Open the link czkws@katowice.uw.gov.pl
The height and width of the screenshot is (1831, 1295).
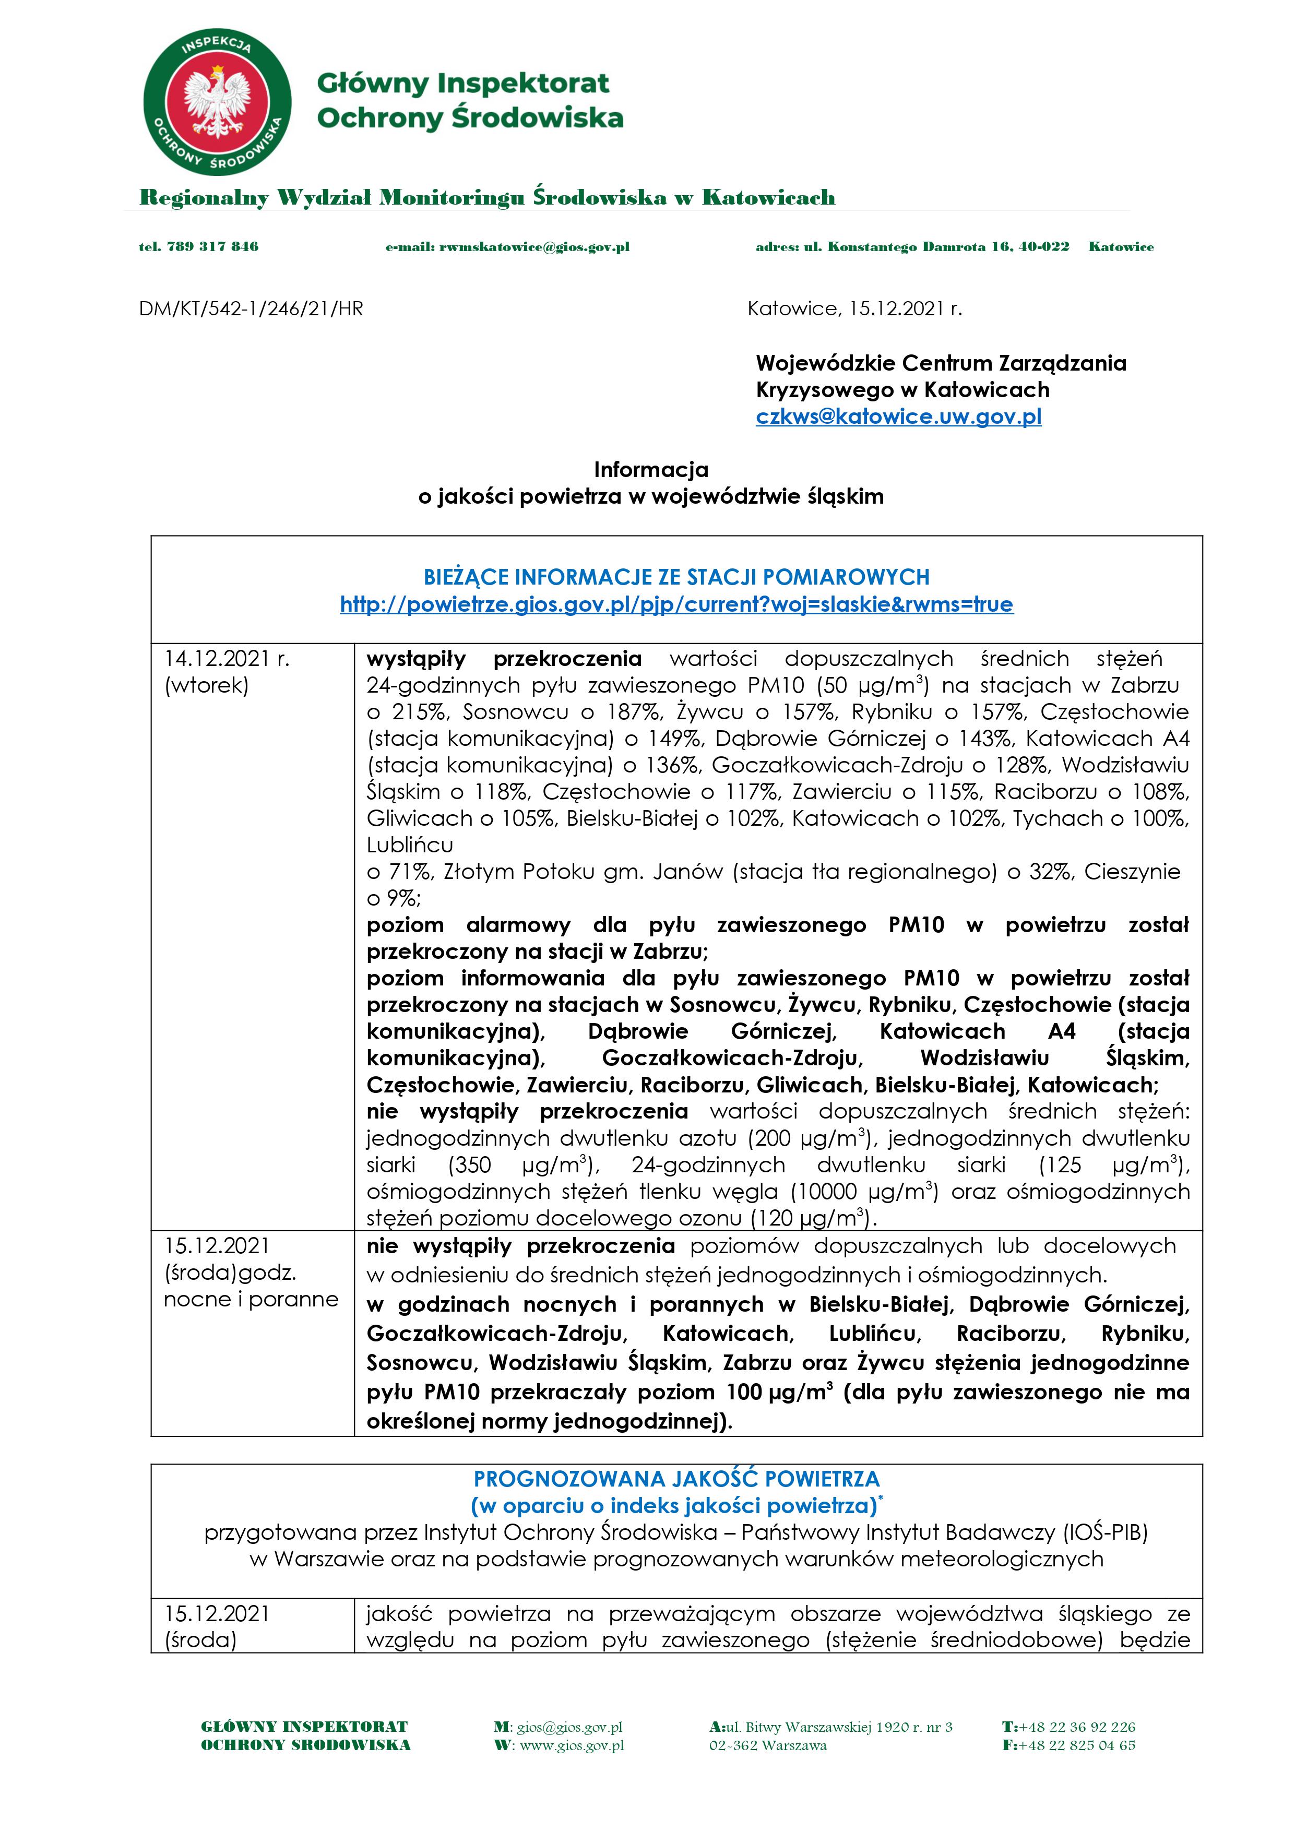[899, 417]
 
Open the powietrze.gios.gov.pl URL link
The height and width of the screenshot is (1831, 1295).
[676, 604]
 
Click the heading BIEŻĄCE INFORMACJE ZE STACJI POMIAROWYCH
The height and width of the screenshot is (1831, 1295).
[676, 577]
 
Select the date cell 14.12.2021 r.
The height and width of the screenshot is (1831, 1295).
[227, 659]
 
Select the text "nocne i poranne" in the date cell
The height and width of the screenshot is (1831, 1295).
[251, 1299]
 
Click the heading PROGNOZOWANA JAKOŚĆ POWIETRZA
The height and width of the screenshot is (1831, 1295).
[676, 1479]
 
